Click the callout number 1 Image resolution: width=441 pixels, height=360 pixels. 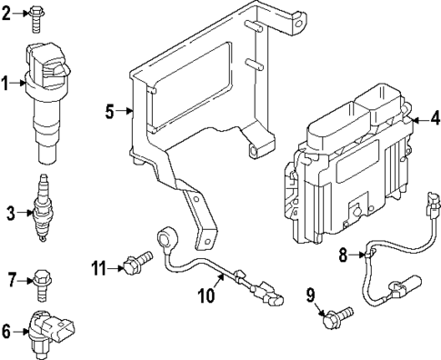(5, 84)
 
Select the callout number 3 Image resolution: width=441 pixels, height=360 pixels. (11, 214)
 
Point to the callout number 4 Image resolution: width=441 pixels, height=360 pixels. (434, 118)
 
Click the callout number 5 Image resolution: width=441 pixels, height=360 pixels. (109, 112)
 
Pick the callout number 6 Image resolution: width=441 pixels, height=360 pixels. (6, 332)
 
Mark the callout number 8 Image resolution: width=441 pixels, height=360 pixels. (343, 255)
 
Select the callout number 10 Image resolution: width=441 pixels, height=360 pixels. (205, 294)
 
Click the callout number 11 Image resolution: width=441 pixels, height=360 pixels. (100, 266)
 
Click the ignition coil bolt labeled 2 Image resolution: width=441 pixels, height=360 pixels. (36, 16)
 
